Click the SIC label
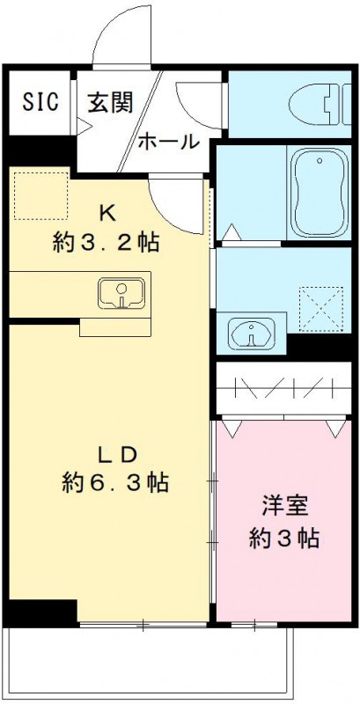(x=40, y=101)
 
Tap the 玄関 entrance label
(x=109, y=102)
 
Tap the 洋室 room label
(x=284, y=506)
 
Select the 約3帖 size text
(x=284, y=538)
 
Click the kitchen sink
(x=123, y=293)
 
